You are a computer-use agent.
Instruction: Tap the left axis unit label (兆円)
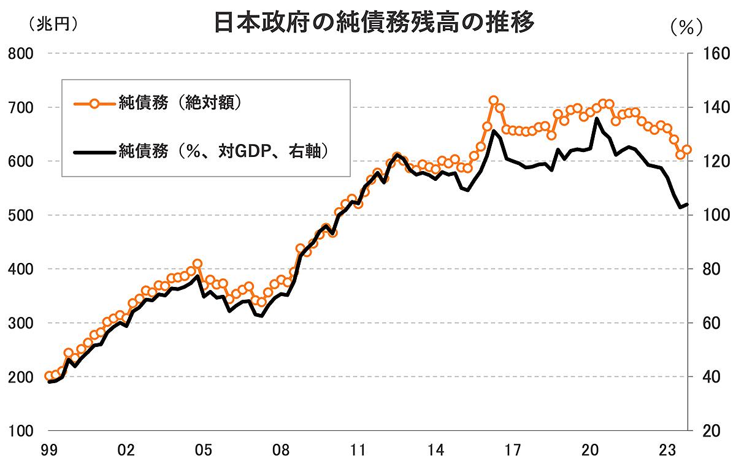coord(53,24)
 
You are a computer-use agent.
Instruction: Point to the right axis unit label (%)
coord(685,28)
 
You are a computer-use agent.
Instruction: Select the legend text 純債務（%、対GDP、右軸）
coord(224,151)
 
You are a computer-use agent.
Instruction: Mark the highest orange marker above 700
coord(494,101)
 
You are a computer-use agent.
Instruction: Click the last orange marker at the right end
coord(687,149)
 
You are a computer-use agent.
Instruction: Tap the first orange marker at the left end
coord(49,376)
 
